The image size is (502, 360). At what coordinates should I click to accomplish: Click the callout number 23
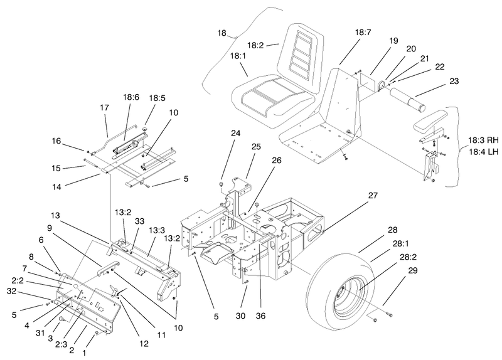click(454, 82)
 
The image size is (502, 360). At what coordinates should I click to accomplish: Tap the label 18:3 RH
click(483, 140)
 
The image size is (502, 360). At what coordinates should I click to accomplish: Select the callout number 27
click(373, 195)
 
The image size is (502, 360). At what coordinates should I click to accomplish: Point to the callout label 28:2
click(407, 257)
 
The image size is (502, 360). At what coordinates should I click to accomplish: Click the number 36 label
click(261, 316)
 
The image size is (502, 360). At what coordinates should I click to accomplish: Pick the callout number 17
click(104, 108)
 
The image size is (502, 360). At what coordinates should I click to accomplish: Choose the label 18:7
click(363, 32)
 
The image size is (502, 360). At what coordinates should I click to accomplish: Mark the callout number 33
click(139, 221)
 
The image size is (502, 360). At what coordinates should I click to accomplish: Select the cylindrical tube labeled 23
click(407, 100)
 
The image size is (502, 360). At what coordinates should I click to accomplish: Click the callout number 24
click(236, 133)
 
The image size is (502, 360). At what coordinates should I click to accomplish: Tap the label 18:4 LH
click(484, 152)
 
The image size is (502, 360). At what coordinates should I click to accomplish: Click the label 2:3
click(61, 344)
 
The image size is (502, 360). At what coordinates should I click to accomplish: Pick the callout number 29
click(413, 270)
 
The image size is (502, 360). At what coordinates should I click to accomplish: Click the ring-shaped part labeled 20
click(382, 85)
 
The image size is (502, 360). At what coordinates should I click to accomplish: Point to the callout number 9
click(50, 228)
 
